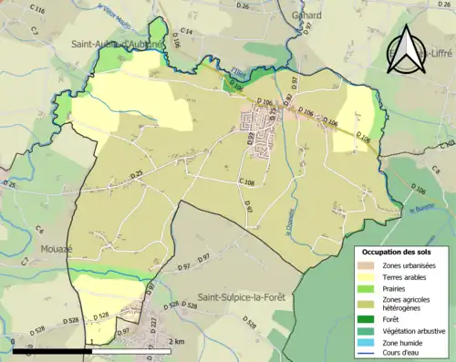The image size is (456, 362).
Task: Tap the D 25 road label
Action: pos(137,173)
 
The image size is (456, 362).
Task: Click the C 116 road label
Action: pos(38,10)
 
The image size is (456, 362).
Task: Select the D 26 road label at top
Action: pos(242,6)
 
